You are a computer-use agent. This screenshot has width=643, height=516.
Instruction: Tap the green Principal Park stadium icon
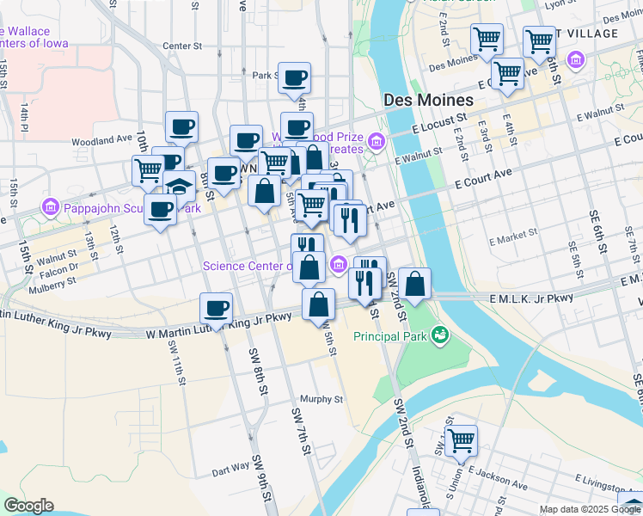coord(440,334)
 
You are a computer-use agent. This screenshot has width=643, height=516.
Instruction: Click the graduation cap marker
coord(179,187)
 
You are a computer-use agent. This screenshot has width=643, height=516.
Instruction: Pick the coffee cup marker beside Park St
coord(294,77)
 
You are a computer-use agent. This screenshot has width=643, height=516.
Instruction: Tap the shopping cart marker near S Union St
coord(462,439)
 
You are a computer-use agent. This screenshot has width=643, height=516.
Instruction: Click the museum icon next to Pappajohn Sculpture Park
coord(50,208)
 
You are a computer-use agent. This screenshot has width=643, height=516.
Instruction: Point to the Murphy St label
coord(321,399)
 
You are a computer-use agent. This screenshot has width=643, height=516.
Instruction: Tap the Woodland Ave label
coord(102,140)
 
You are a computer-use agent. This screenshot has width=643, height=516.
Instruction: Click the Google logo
coord(28,506)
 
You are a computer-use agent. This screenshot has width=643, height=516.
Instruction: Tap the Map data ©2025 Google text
coord(590,509)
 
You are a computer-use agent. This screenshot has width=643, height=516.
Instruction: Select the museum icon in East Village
coord(575,60)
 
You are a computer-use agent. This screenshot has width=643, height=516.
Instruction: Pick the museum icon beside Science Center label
coord(339,265)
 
